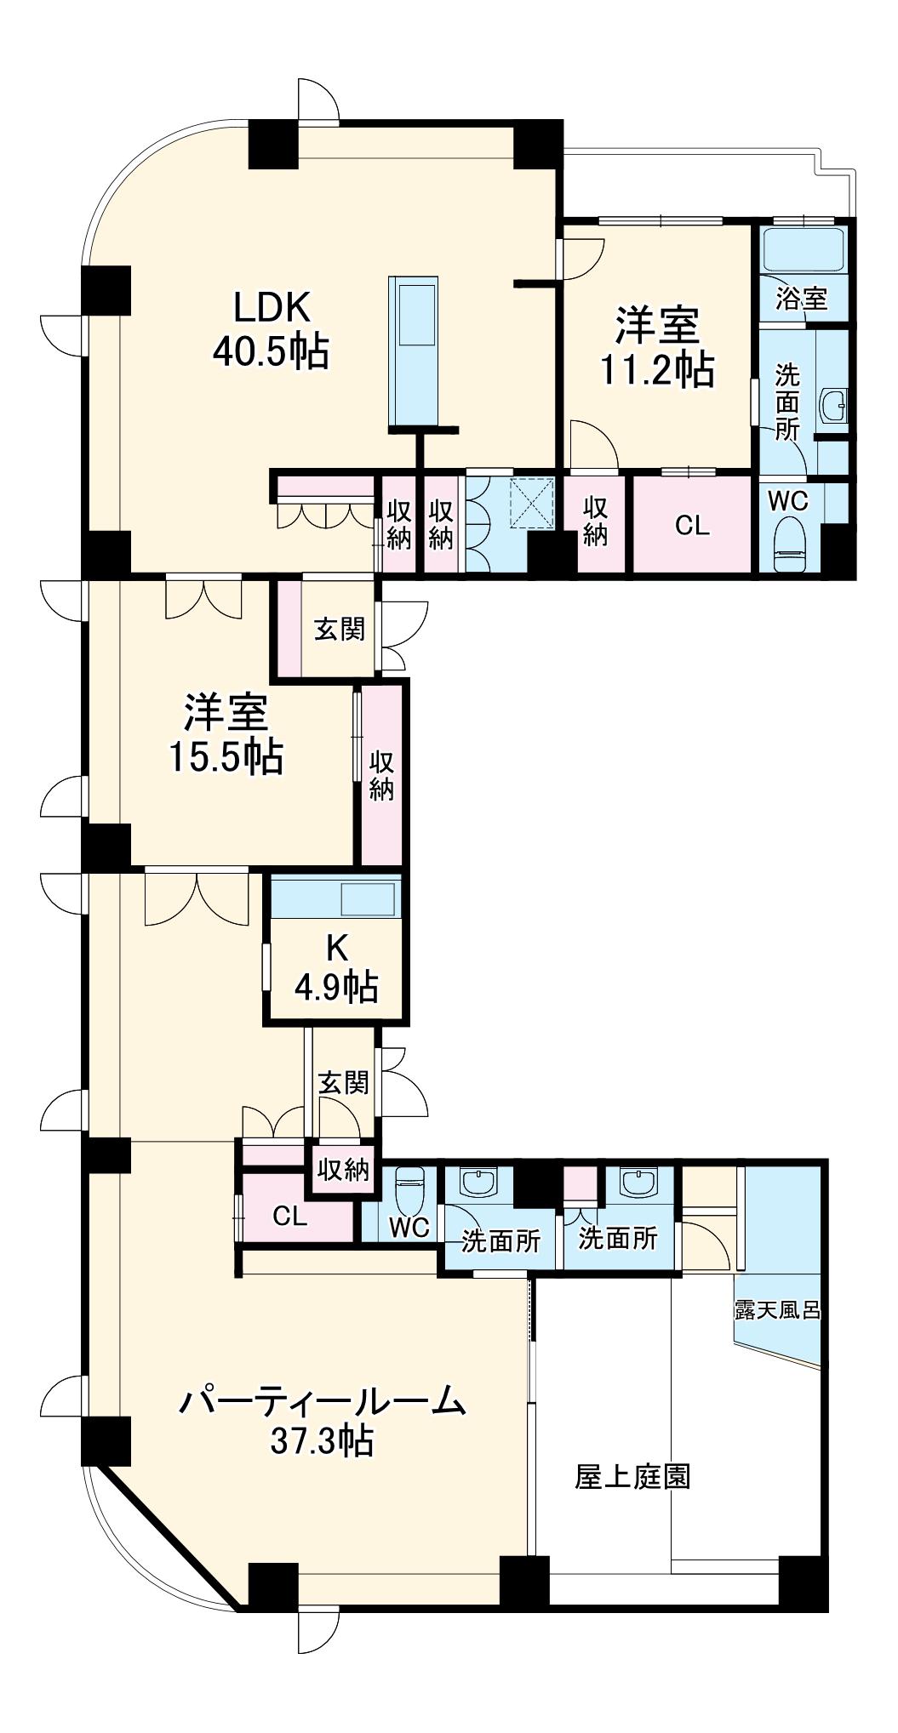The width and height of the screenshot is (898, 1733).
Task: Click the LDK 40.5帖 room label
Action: pos(271,328)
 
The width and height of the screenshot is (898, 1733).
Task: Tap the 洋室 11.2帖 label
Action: pos(657,347)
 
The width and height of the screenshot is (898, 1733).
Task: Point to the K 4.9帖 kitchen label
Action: pos(336,969)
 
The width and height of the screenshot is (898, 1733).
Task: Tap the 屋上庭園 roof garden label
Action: pos(632,1476)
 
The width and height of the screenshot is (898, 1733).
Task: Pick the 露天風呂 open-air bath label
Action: pos(777,1309)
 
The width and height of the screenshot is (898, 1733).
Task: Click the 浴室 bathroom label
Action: pos(801,299)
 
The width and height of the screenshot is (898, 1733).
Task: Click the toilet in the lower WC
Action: pos(410,1187)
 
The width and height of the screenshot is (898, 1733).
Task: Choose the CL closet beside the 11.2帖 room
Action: pos(692,526)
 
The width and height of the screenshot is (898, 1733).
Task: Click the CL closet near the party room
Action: pos(289,1216)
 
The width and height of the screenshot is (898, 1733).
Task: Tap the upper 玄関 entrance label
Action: pos(340,629)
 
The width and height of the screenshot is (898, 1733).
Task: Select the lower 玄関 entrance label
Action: pos(343,1082)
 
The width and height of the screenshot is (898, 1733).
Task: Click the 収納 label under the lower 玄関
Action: pos(343,1170)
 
